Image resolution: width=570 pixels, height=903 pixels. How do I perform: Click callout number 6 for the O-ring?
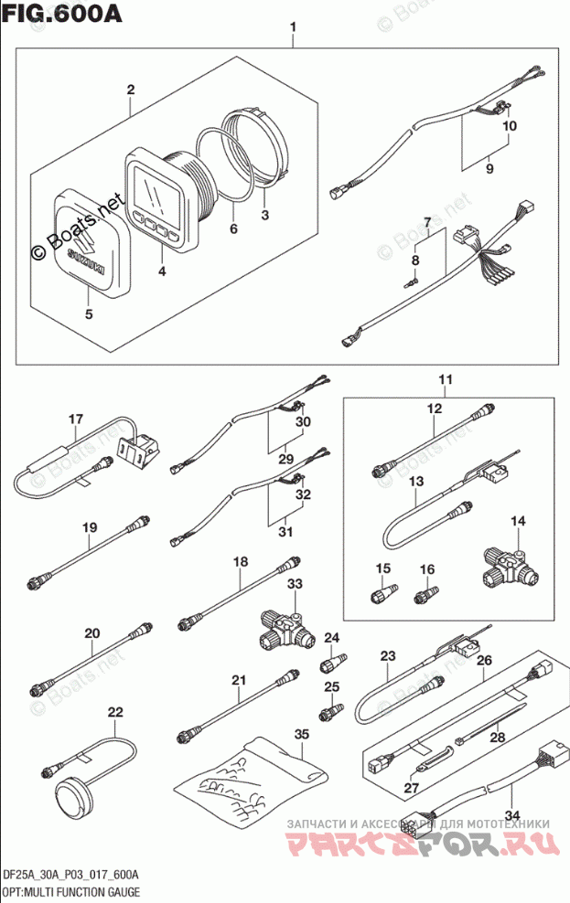point(233,228)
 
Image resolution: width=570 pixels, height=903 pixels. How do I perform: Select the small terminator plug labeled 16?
point(425,598)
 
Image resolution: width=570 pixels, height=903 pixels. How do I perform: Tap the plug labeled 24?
point(333,659)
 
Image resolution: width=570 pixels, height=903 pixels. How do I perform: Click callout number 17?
point(74,420)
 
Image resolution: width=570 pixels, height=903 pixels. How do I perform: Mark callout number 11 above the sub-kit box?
point(445,379)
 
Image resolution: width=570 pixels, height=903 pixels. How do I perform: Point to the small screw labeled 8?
point(412,282)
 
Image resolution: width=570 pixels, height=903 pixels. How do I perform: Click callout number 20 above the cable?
point(91,633)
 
